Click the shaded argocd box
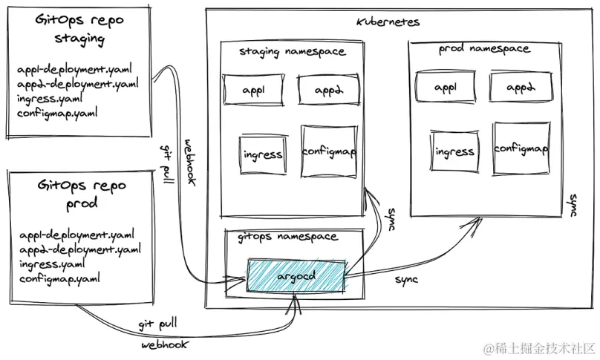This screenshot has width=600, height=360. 297,275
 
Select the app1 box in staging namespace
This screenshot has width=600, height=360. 252,90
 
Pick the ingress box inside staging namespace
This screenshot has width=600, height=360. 262,154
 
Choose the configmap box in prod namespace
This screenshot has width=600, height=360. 521,149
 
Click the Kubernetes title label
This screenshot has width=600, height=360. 388,22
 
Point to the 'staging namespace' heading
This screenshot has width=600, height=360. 292,51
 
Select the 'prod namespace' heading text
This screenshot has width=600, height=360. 484,49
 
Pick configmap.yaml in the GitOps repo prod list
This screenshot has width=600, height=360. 59,279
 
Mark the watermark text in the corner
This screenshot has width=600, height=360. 540,348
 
